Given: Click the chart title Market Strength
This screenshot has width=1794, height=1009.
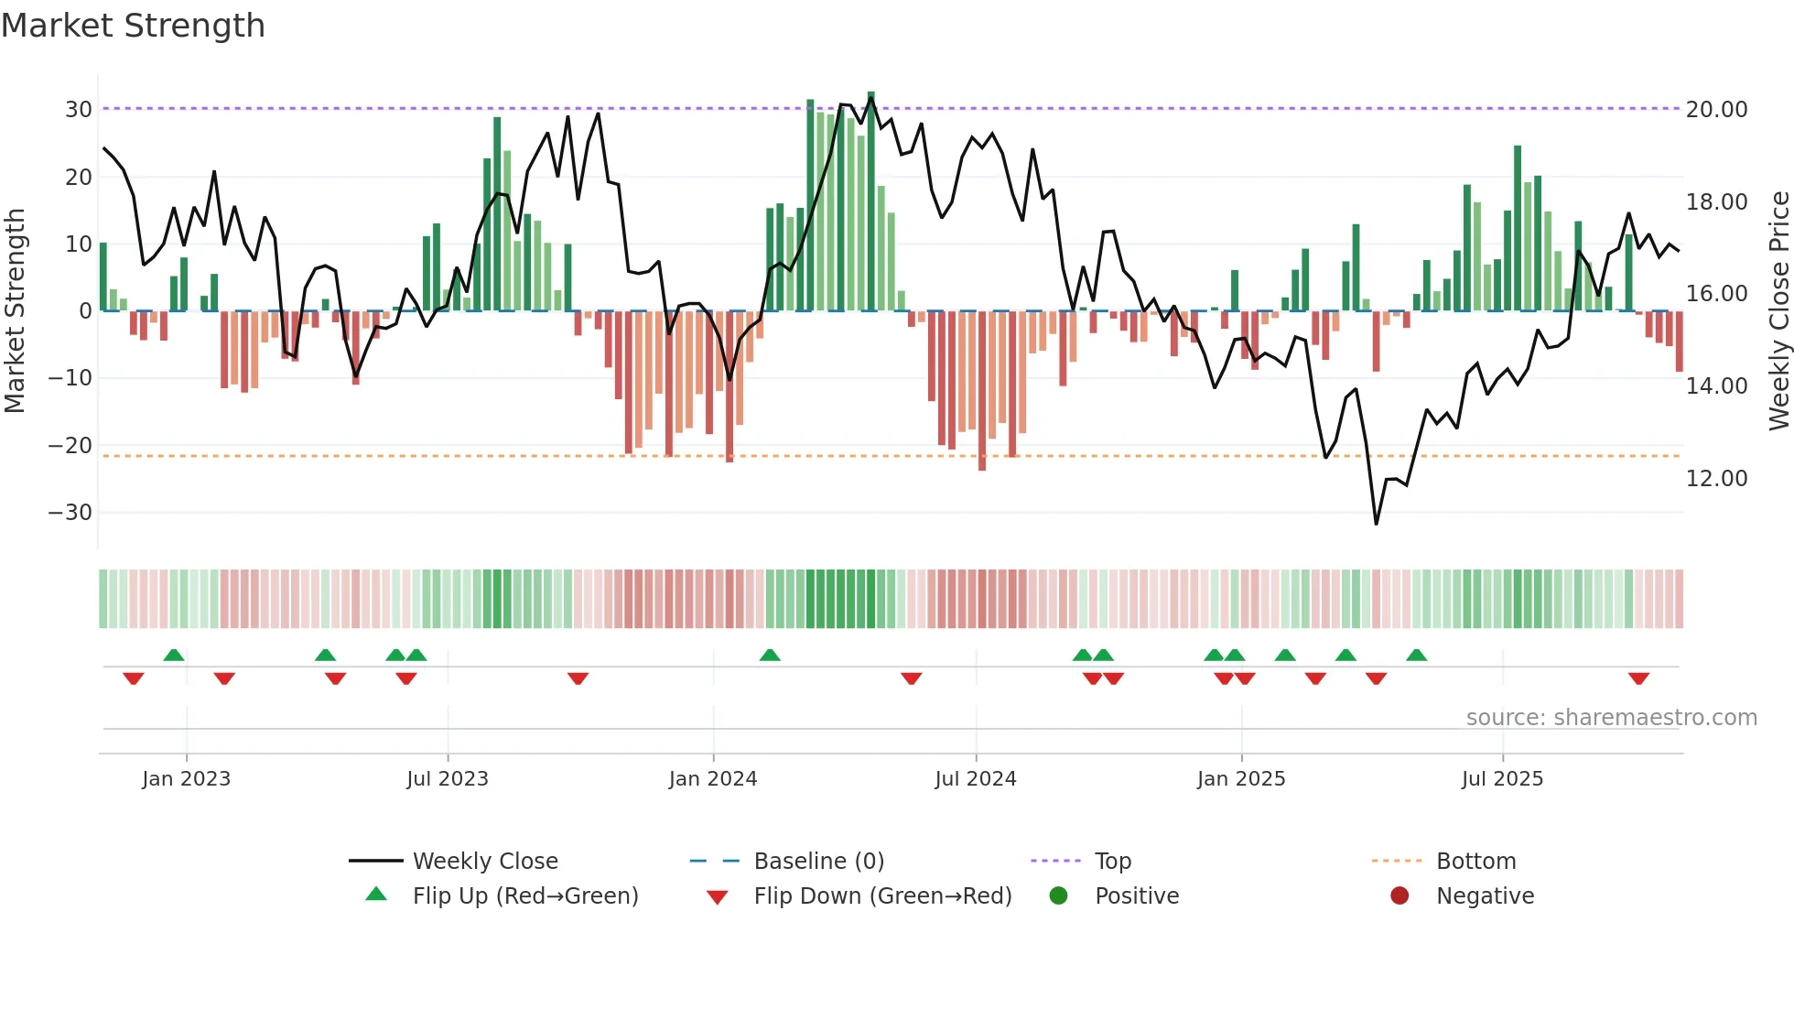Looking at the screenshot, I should click(133, 25).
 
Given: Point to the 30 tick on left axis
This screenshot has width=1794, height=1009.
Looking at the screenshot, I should click(78, 110).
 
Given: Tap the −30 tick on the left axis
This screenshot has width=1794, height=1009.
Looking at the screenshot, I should click(70, 513).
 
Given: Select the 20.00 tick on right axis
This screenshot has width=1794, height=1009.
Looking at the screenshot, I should click(1716, 110).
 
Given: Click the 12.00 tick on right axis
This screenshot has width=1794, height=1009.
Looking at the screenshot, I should click(1716, 479).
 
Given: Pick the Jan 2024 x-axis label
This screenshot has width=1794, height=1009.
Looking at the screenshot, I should click(713, 779).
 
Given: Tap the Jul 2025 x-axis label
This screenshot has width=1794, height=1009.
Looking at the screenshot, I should click(1502, 779).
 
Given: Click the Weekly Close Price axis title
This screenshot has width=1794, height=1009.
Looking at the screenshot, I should click(1778, 311).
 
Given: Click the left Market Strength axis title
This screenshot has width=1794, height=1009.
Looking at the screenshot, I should click(15, 311).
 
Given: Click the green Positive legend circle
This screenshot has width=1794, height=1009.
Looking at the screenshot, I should click(1058, 895).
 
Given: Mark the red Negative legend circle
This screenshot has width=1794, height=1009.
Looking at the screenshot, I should click(1400, 895).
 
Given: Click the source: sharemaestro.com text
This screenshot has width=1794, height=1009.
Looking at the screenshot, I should click(1611, 718).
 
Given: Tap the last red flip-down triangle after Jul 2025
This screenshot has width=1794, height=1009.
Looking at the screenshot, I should click(1638, 678).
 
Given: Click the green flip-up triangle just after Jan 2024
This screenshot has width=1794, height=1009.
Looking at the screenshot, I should click(770, 655).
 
